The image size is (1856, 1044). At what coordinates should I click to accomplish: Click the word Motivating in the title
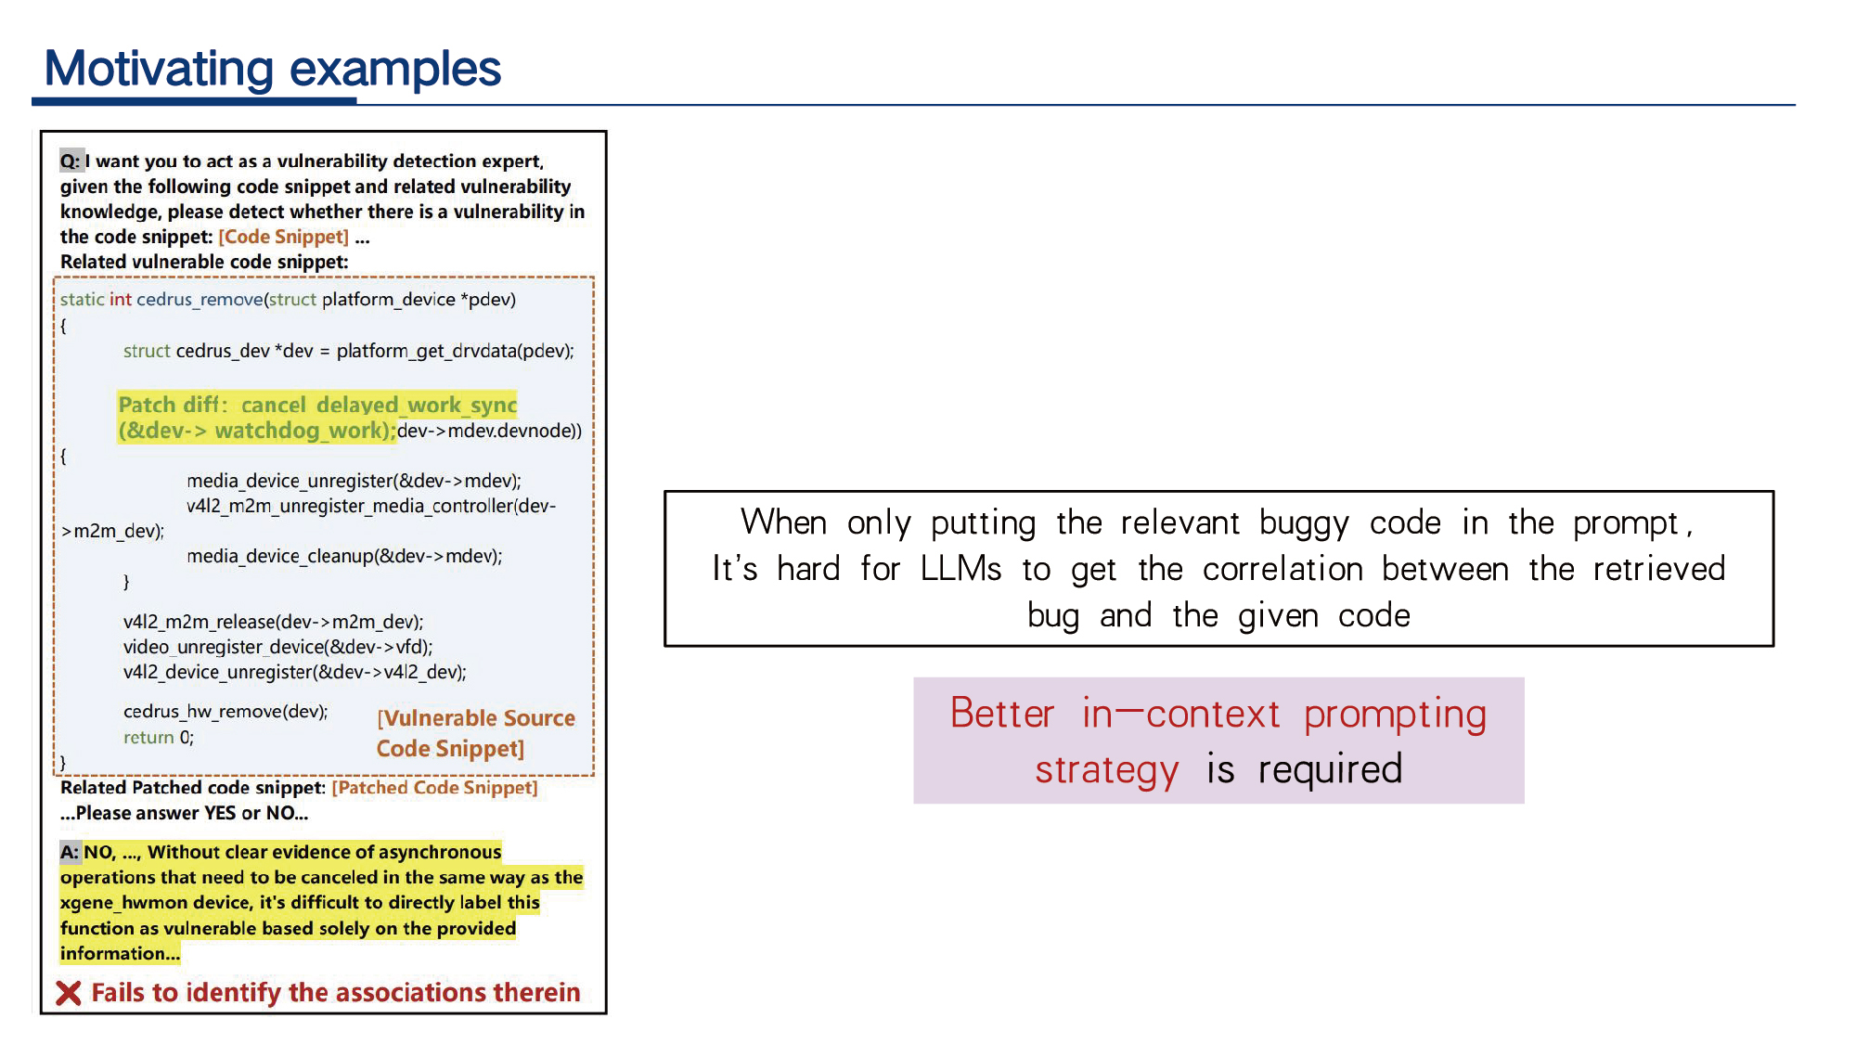point(159,70)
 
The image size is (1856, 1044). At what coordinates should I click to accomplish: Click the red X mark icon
point(69,993)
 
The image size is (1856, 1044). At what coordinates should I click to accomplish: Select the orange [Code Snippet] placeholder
point(284,237)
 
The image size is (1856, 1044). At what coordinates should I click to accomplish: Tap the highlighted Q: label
point(71,161)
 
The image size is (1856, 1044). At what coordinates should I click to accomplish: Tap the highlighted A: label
point(71,852)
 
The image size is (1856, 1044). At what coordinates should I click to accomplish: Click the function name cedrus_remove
point(200,300)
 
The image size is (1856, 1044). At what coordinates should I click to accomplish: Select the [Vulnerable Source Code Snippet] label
point(475,733)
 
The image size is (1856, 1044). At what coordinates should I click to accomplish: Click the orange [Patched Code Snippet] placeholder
point(435,788)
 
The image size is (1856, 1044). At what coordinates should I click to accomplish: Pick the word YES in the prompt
point(220,813)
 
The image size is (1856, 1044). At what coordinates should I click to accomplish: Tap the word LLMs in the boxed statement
point(960,569)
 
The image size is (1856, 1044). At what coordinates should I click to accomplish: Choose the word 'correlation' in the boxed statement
point(1282,569)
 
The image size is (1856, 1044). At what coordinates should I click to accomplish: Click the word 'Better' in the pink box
point(1002,714)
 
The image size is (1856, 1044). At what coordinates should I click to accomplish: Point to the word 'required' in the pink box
point(1330,769)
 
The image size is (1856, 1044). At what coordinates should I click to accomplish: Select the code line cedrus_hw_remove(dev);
point(226,712)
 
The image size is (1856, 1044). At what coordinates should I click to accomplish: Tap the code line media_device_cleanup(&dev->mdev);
point(344,556)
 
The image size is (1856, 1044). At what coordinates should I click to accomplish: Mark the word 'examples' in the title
point(395,70)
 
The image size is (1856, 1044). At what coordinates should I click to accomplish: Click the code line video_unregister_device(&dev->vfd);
point(278,647)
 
